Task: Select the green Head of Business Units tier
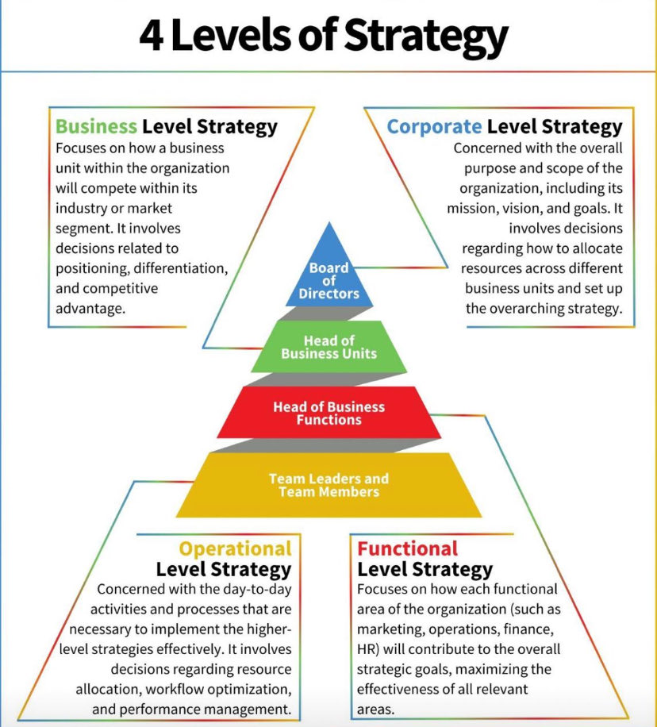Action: pos(329,346)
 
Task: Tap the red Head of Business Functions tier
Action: pos(329,413)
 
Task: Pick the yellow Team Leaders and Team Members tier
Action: pos(329,485)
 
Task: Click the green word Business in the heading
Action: pos(97,126)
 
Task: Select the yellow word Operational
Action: pos(236,549)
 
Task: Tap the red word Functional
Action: pos(408,549)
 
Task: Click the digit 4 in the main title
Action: pos(151,36)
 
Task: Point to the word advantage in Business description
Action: pos(90,309)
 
